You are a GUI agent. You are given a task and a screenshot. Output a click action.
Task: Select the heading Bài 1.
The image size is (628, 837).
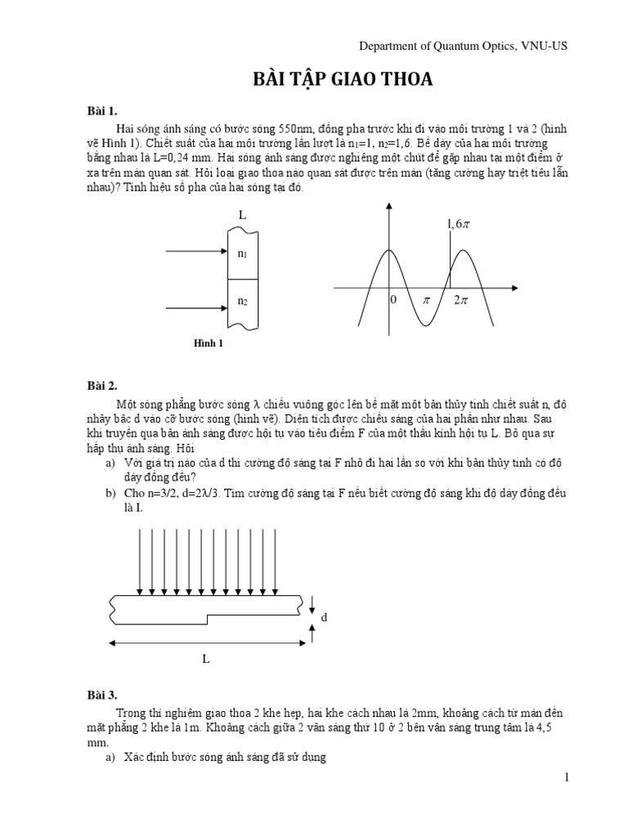103,110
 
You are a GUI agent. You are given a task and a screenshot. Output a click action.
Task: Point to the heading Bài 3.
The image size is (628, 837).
103,695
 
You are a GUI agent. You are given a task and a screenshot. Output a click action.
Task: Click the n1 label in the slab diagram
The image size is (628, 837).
243,253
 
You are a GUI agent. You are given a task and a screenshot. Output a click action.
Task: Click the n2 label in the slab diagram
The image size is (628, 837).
243,302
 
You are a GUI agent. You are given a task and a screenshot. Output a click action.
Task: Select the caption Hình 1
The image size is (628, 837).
208,343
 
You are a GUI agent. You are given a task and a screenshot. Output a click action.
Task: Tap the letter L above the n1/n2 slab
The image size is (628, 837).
242,214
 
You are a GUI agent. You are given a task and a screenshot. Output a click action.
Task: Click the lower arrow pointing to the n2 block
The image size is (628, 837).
196,308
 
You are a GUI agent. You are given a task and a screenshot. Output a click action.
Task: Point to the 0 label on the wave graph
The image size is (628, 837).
392,301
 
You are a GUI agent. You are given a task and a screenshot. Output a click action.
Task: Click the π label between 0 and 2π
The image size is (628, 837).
425,301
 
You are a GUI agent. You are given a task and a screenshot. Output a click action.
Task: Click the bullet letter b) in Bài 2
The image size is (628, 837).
110,494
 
